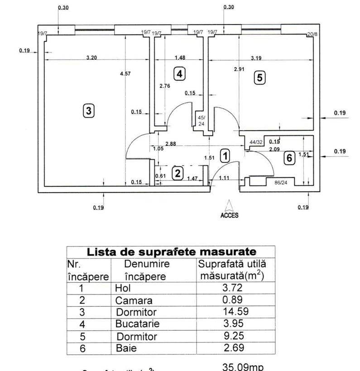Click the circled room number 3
coord(89,110)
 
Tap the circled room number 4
coord(180,74)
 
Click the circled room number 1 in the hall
coord(224,156)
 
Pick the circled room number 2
coord(178,173)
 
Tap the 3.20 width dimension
coord(92,57)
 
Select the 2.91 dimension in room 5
coord(240,69)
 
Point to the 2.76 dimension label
coord(165,86)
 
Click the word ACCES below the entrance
coord(229,216)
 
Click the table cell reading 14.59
coord(236,312)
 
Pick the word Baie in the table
coord(126,348)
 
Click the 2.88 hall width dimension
coord(171,144)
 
